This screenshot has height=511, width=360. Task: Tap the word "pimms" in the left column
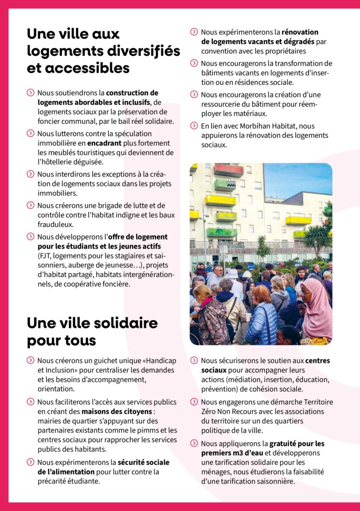pyautogui.click(x=144, y=430)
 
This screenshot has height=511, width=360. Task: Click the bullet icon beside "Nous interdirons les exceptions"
pyautogui.click(x=31, y=174)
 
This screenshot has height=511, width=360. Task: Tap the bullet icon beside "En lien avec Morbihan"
pyautogui.click(x=194, y=126)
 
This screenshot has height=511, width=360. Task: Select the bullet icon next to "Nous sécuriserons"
pyautogui.click(x=194, y=360)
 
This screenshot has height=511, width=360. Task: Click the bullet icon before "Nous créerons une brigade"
pyautogui.click(x=31, y=205)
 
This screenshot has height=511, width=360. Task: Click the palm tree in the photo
pyautogui.click(x=317, y=237)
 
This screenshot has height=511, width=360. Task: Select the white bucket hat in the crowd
pyautogui.click(x=232, y=274)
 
